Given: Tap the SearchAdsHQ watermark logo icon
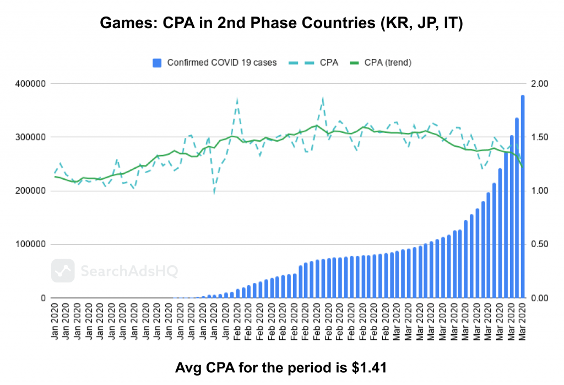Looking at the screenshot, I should (x=63, y=271).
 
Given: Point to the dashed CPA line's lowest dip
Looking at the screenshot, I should (x=214, y=192).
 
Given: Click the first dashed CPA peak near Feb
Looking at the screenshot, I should (x=237, y=100).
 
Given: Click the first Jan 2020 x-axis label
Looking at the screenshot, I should (x=55, y=320).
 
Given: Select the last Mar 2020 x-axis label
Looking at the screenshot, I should (x=522, y=320).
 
